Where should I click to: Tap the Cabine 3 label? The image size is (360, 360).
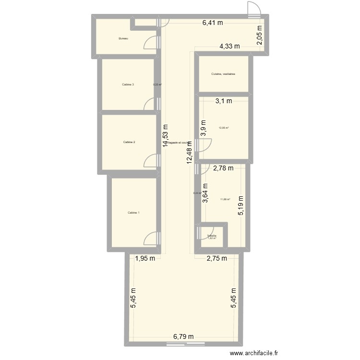tap(128, 84)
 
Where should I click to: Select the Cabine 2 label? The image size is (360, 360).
tap(129, 142)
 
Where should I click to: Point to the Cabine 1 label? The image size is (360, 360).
tap(134, 213)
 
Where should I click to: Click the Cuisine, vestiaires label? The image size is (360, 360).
tap(223, 74)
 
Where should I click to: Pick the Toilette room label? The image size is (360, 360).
tap(212, 236)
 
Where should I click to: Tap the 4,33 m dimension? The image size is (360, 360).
tap(230, 46)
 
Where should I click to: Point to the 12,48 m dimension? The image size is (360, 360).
tap(190, 153)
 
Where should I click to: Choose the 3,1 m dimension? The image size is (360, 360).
tap(223, 101)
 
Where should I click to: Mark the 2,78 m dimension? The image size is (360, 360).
tap(223, 168)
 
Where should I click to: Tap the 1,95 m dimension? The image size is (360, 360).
tap(145, 258)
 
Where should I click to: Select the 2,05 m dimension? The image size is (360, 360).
tap(259, 37)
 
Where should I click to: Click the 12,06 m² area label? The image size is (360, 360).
tap(224, 128)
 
